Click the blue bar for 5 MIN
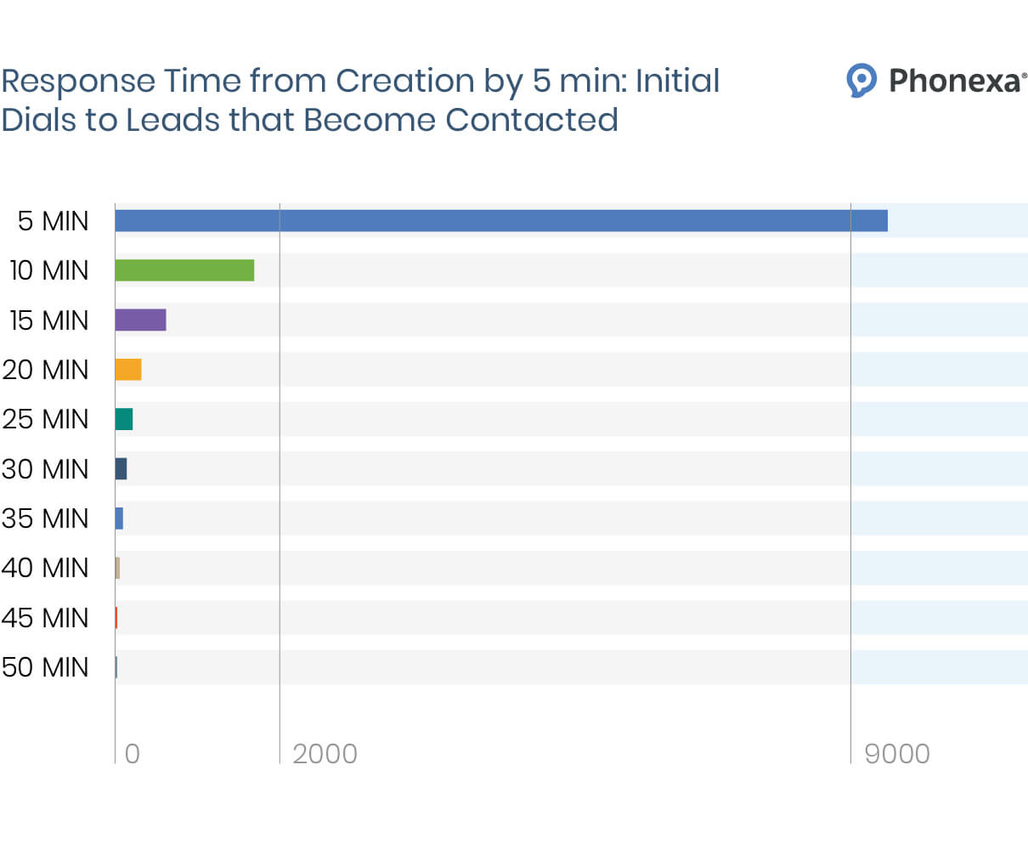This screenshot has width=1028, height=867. pyautogui.click(x=501, y=221)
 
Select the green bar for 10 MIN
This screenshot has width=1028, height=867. pyautogui.click(x=184, y=270)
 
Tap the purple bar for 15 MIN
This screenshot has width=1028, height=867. pyautogui.click(x=140, y=320)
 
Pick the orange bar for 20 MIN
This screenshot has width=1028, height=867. pyautogui.click(x=128, y=370)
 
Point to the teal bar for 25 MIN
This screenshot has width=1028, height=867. pyautogui.click(x=124, y=419)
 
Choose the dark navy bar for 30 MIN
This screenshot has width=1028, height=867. pyautogui.click(x=121, y=468)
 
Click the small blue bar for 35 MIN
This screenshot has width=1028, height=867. pyautogui.click(x=119, y=518)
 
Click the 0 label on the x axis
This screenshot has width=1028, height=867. pyautogui.click(x=133, y=754)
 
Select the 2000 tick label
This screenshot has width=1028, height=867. pyautogui.click(x=325, y=754)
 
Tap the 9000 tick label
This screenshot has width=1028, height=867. pyautogui.click(x=896, y=754)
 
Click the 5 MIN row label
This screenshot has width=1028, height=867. pyautogui.click(x=53, y=221)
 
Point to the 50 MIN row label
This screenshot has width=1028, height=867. pyautogui.click(x=45, y=667)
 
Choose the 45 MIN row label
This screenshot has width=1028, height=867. pyautogui.click(x=45, y=618)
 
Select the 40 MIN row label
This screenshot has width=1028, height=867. pyautogui.click(x=45, y=568)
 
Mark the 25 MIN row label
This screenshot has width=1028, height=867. pyautogui.click(x=45, y=419)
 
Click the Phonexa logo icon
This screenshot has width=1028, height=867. pyautogui.click(x=861, y=81)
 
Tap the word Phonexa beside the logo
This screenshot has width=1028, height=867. pyautogui.click(x=955, y=81)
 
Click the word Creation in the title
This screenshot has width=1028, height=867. pyautogui.click(x=404, y=82)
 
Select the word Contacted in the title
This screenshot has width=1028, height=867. pyautogui.click(x=532, y=120)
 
